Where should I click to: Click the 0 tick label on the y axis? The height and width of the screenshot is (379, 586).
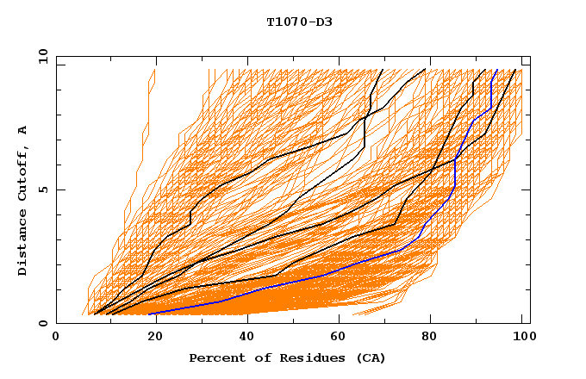tap(43, 323)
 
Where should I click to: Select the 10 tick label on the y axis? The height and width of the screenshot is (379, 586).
tap(40, 56)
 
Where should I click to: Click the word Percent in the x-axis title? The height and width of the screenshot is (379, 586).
tap(215, 357)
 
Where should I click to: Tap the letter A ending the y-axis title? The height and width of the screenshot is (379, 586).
tap(22, 129)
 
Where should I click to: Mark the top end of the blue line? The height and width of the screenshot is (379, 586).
tap(496, 70)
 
